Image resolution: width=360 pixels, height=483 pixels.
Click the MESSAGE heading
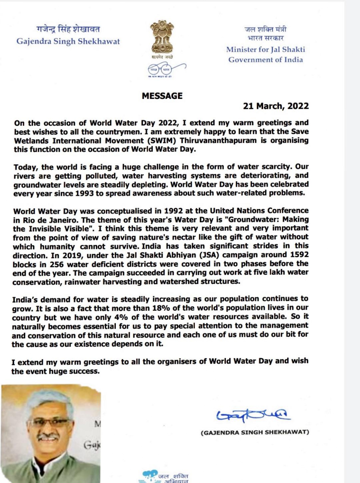(162, 96)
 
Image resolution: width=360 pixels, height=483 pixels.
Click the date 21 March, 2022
(276, 106)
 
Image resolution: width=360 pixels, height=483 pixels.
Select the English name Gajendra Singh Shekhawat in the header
(68, 42)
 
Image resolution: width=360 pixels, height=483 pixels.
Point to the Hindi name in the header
(68, 29)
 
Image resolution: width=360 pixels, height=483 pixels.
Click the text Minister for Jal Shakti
(265, 50)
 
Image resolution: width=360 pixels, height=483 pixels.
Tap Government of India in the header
(265, 60)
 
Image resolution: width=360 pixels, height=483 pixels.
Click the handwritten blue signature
(253, 415)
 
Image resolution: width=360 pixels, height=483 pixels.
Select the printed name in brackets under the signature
(255, 432)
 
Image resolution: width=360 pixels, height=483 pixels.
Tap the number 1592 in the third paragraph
(299, 255)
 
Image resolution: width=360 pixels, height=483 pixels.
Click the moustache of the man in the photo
(48, 437)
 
